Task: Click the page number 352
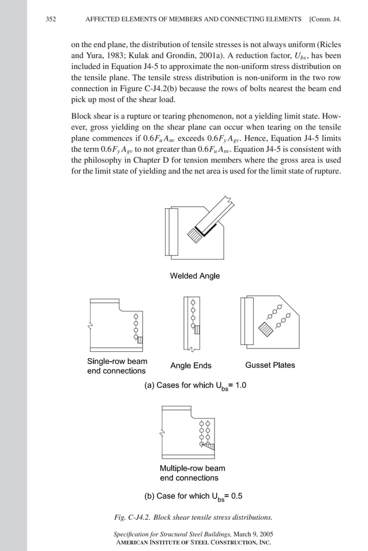(51, 20)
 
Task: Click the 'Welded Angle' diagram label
(194, 276)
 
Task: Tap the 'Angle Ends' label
(190, 366)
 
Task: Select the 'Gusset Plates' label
(270, 365)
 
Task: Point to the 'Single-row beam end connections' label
(117, 366)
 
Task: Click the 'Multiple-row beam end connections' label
(192, 473)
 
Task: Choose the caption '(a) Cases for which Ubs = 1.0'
(195, 386)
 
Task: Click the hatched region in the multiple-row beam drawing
(209, 445)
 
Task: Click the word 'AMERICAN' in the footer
(136, 542)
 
